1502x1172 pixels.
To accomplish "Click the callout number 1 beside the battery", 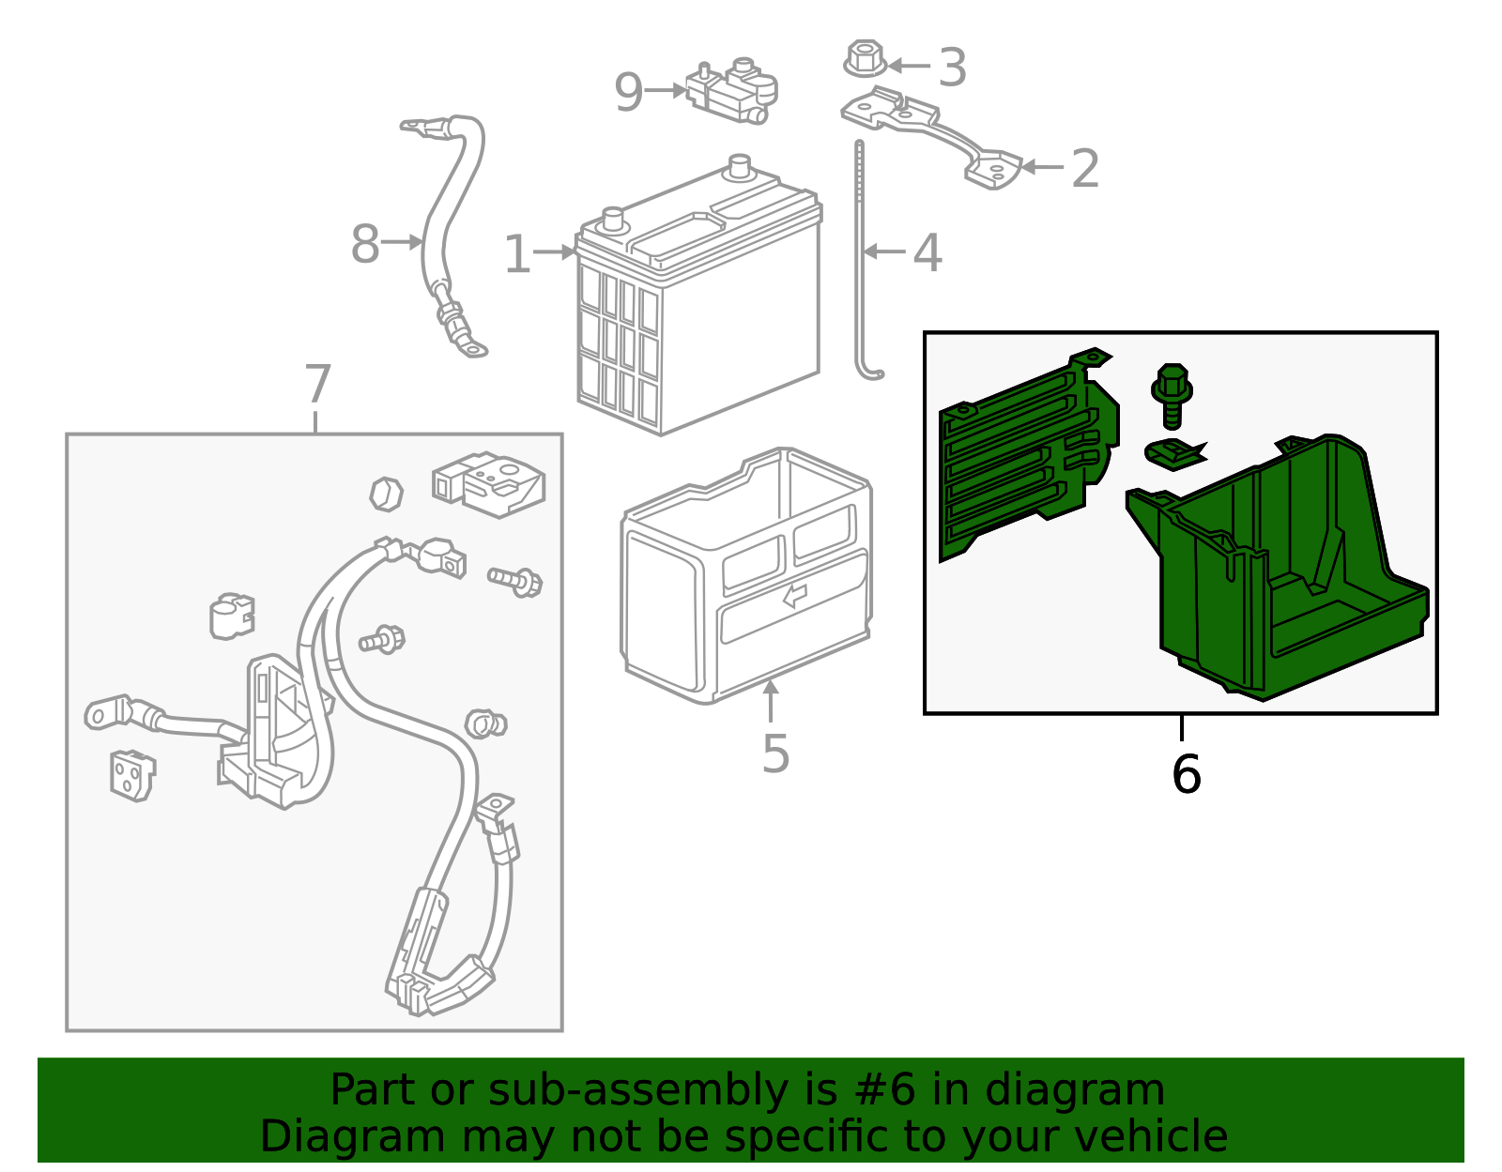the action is pos(517,254).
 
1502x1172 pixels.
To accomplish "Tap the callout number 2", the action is pos(1084,169).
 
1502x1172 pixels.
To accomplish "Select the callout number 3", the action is pos(952,68).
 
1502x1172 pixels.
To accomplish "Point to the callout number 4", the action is pos(927,252).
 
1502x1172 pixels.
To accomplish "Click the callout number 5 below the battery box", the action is pos(775,753).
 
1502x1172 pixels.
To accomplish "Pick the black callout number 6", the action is pos(1187,774).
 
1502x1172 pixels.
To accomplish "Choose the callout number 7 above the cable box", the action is pos(317,384).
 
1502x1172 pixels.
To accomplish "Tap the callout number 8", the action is pos(365,244).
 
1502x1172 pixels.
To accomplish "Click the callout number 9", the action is pos(628,93).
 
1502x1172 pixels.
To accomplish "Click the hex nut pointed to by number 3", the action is pos(865,58).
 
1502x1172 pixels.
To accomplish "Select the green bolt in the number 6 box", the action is pos(1171,396).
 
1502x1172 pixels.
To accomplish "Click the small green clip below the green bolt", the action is pos(1175,455).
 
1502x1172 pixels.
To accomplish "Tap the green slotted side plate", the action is pos(1028,456).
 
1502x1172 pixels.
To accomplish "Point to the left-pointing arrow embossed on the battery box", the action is pos(795,595).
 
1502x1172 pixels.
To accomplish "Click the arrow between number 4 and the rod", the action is pos(884,251).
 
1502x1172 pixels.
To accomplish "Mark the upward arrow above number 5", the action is pos(770,700).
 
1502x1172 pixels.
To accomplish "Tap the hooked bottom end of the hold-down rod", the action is pos(869,373).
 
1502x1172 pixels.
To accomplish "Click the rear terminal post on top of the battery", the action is pos(740,166).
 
